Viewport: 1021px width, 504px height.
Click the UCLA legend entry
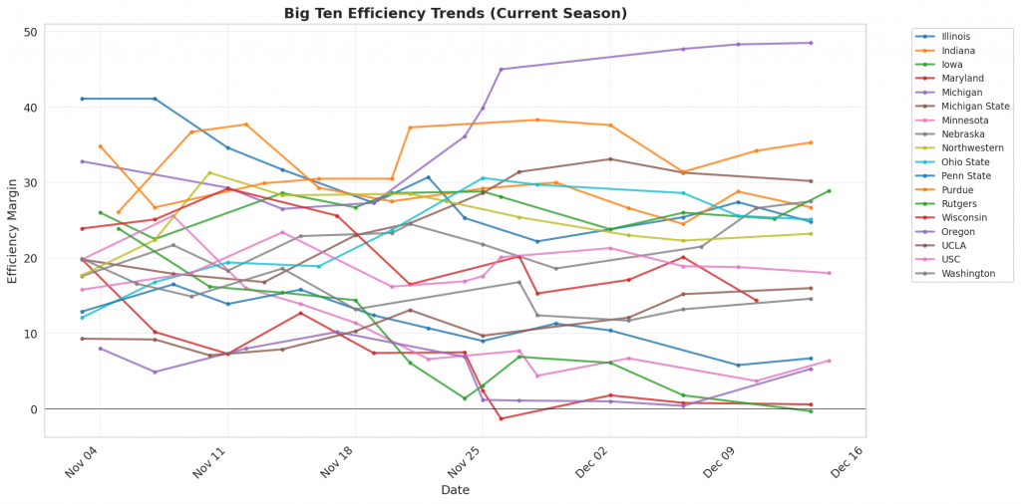(x=953, y=245)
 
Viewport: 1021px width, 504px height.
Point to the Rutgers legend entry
(x=958, y=203)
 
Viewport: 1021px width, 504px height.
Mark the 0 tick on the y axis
(x=34, y=409)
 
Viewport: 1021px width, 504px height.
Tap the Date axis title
(x=456, y=490)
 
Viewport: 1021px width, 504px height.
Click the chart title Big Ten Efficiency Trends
(x=456, y=13)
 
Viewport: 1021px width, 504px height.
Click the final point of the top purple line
(x=811, y=43)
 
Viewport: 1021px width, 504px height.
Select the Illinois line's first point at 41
(x=83, y=99)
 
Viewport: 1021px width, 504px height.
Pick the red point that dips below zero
(x=502, y=418)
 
